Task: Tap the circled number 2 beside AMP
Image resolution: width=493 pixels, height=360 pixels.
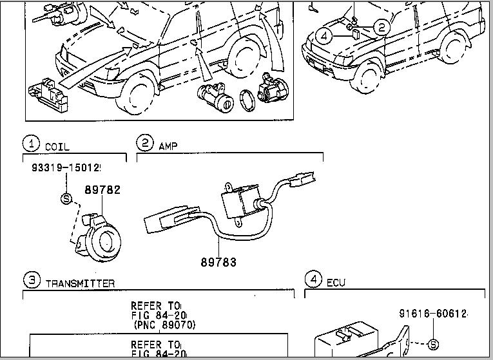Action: [x=145, y=143]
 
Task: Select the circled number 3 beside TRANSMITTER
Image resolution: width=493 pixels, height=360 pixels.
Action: [x=32, y=280]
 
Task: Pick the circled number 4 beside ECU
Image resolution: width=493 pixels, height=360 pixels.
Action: [x=313, y=279]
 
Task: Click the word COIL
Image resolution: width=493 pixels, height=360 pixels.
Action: [x=57, y=147]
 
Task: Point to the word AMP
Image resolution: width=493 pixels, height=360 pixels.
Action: [x=168, y=146]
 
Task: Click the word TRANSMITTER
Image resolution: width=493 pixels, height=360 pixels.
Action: [x=80, y=283]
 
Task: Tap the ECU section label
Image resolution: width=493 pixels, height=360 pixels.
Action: [x=336, y=281]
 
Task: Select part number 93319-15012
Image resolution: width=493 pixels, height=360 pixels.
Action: [x=66, y=168]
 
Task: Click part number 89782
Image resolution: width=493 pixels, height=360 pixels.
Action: [x=102, y=190]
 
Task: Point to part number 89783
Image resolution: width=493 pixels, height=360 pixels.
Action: [x=218, y=262]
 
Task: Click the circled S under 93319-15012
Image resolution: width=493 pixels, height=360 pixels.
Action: [x=66, y=198]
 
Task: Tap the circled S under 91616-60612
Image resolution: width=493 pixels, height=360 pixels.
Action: [x=433, y=345]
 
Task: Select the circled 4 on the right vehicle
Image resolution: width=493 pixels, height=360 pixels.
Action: [x=325, y=36]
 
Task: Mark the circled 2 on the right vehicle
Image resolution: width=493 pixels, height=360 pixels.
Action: [x=382, y=28]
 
